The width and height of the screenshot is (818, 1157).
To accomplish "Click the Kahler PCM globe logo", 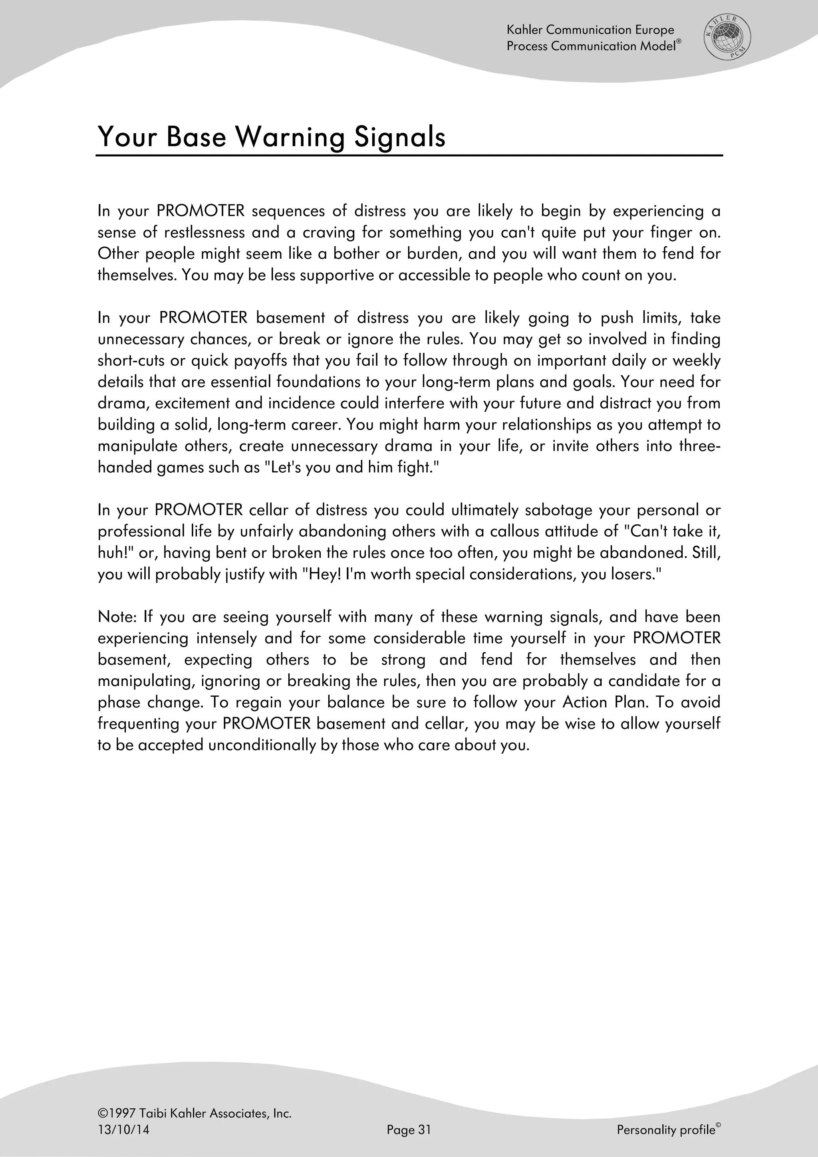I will pyautogui.click(x=727, y=37).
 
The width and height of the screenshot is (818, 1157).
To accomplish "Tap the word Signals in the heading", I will pyautogui.click(x=399, y=137).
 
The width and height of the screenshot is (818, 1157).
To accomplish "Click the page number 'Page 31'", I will pyautogui.click(x=409, y=1130).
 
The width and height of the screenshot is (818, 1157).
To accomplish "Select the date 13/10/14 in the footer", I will pyautogui.click(x=123, y=1130).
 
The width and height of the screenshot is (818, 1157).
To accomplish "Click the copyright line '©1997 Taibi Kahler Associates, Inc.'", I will pyautogui.click(x=195, y=1113).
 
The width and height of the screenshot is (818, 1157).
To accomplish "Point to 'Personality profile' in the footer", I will pyautogui.click(x=666, y=1130).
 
